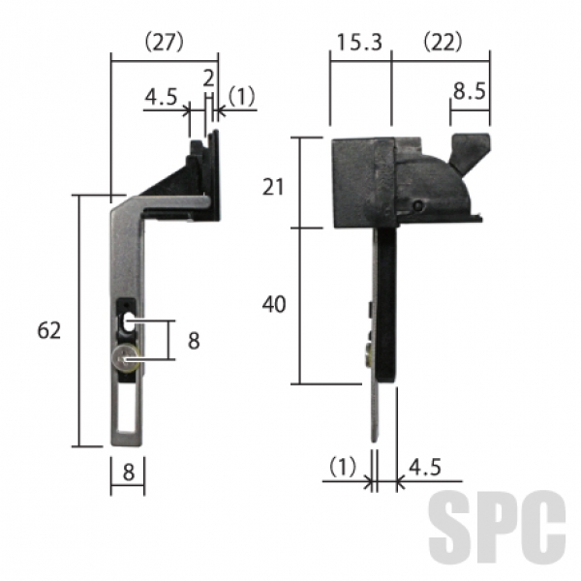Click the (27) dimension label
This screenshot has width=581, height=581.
[164, 42]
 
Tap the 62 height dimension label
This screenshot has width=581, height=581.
[49, 330]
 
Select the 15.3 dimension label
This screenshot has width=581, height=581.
[359, 42]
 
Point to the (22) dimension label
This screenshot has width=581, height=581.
[443, 42]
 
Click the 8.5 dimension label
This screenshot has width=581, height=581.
[469, 91]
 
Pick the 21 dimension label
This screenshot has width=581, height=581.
[273, 187]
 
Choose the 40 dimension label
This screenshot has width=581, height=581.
[274, 304]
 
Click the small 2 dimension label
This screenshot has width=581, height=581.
[209, 78]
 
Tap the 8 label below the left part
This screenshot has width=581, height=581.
[128, 473]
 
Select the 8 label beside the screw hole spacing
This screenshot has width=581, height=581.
[194, 341]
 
